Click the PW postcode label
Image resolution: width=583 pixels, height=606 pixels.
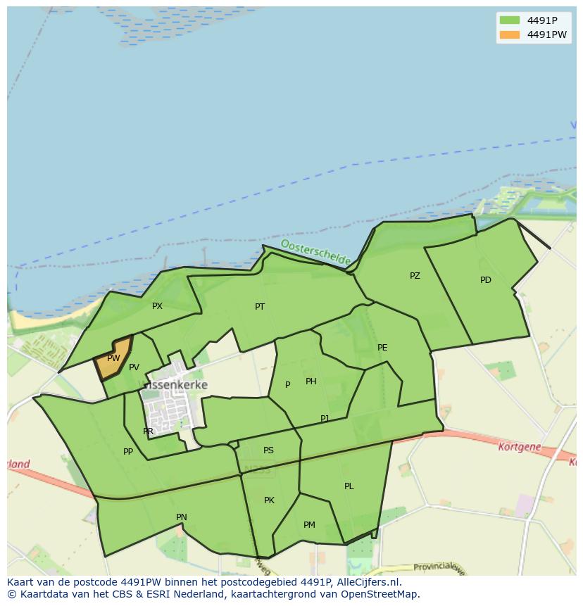tap(113, 358)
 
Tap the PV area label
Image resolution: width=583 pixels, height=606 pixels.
tap(134, 367)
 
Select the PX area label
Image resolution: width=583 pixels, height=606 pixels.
tap(157, 306)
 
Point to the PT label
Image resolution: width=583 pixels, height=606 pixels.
tap(260, 307)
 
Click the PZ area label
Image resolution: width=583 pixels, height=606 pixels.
tap(415, 276)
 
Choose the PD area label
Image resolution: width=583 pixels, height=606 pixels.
tap(485, 280)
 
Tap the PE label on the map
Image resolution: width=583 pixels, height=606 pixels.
tap(382, 348)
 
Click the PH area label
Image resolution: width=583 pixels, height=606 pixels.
tap(311, 381)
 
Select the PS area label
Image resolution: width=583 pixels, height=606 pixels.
tap(268, 450)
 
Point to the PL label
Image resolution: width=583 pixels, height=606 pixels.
tap(349, 486)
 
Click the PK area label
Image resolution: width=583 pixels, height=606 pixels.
tap(269, 500)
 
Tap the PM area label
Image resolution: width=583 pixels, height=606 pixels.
tap(309, 525)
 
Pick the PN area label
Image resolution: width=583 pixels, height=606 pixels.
tap(182, 517)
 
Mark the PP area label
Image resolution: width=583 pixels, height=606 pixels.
tap(128, 452)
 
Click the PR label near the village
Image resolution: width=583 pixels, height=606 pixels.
tap(148, 431)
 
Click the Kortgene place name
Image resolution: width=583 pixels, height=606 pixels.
tap(518, 447)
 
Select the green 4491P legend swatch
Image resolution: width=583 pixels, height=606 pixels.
tap(508, 20)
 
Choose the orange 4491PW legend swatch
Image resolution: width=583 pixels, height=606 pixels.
tap(508, 34)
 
